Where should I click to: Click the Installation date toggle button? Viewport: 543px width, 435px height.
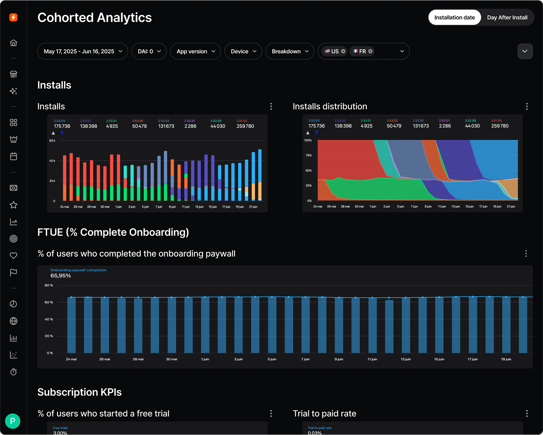[x=454, y=17]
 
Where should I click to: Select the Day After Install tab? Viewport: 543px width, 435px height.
[x=507, y=17]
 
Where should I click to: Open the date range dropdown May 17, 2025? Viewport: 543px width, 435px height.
[x=83, y=51]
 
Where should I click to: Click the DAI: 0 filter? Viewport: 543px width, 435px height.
[x=149, y=51]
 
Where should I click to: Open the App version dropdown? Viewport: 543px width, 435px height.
[x=195, y=51]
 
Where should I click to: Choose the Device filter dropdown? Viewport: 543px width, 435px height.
[x=243, y=51]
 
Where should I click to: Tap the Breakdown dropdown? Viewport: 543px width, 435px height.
[x=290, y=51]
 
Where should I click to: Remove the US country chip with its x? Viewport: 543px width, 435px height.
[x=343, y=51]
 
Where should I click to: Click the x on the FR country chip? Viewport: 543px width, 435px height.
[x=370, y=51]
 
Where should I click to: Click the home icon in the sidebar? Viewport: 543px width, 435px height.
[x=13, y=43]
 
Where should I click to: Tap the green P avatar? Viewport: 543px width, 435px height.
[x=13, y=421]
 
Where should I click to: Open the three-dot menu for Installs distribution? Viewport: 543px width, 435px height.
[x=527, y=106]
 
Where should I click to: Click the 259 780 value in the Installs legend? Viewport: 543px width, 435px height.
[x=245, y=126]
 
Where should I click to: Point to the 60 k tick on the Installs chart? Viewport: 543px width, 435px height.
[x=52, y=141]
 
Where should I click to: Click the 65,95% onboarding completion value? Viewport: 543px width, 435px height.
[x=61, y=275]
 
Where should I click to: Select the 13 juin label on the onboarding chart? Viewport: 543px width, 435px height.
[x=406, y=359]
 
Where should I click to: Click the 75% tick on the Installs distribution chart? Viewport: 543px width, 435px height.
[x=308, y=155]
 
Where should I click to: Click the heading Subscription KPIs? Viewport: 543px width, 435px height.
[x=79, y=392]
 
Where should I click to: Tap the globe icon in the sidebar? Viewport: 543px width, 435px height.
[x=13, y=321]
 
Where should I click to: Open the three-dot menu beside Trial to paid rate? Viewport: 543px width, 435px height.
[x=527, y=413]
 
